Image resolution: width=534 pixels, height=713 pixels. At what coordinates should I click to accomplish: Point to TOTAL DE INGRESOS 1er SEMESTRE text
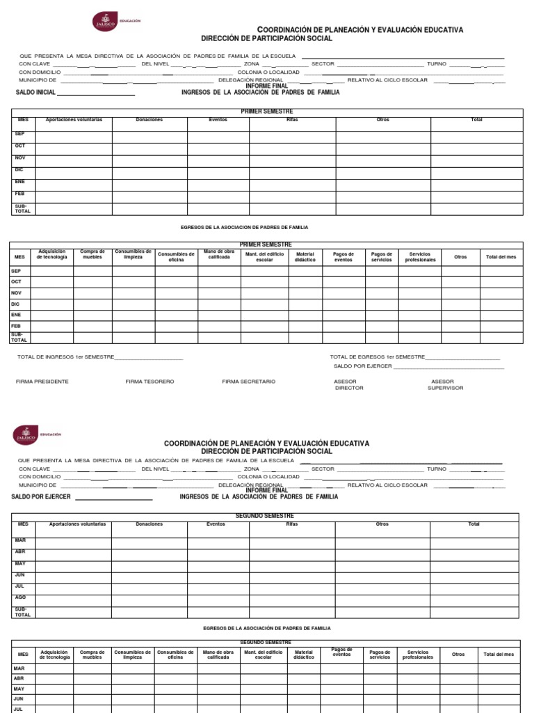click(x=64, y=356)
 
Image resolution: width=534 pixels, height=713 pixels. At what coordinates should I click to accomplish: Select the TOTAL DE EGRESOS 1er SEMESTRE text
click(x=377, y=356)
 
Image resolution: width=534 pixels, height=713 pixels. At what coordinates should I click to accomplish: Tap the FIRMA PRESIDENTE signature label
click(x=42, y=382)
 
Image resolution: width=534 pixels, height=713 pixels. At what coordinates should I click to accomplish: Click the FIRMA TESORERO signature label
click(x=149, y=382)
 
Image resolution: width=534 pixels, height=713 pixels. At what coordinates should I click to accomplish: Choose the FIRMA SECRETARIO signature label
click(x=249, y=382)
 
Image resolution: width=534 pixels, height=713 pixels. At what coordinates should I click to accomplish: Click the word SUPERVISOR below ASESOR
click(x=445, y=388)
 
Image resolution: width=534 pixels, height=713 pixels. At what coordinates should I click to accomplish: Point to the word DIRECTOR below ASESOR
click(x=349, y=388)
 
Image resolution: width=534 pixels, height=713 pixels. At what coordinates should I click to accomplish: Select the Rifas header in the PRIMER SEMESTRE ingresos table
click(x=292, y=120)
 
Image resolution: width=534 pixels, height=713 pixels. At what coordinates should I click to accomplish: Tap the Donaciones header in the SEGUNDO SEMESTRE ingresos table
click(x=149, y=524)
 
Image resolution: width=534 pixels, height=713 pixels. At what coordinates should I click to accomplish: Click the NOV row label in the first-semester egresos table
click(x=16, y=292)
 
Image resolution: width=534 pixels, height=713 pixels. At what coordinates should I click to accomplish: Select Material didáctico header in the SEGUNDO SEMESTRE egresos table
click(x=304, y=655)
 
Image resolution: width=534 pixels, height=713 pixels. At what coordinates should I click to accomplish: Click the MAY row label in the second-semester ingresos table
click(x=20, y=563)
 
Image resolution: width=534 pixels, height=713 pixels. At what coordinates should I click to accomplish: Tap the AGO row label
click(x=20, y=597)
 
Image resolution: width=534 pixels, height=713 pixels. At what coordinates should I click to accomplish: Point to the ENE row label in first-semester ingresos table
click(x=20, y=181)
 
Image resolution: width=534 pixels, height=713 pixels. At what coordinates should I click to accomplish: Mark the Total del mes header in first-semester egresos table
click(x=501, y=257)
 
